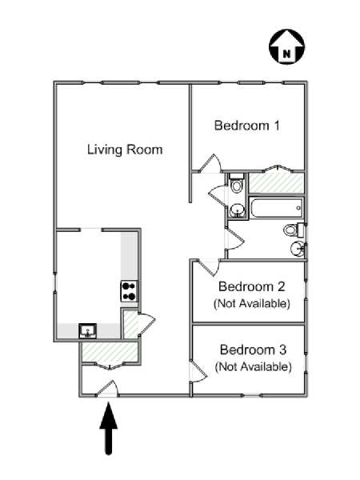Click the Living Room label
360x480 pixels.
coord(125,150)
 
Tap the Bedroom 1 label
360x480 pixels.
coord(246,126)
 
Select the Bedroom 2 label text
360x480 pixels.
coord(252,286)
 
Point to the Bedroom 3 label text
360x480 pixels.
coord(253,350)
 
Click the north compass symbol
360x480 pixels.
coord(287,47)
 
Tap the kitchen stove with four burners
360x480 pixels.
coord(129,291)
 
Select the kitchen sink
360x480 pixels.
coord(87,331)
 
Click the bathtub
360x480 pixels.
coord(277,208)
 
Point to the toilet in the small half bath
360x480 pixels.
coord(236,182)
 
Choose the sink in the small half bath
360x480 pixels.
coord(237,210)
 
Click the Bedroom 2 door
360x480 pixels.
coord(209,267)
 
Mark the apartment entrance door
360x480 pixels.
coord(107,389)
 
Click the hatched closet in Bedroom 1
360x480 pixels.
coord(276,183)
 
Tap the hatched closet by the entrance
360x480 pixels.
coord(110,352)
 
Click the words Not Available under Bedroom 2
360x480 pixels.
coord(252,304)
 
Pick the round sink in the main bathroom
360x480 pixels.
coord(297,248)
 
